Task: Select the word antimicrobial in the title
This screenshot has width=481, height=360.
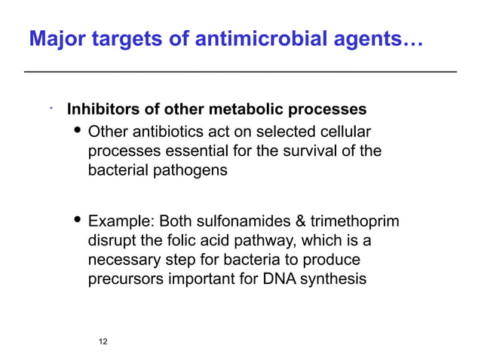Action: pyautogui.click(x=250, y=38)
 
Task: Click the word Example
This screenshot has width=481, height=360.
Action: pyautogui.click(x=118, y=222)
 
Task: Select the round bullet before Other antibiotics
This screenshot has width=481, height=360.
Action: pyautogui.click(x=76, y=132)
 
